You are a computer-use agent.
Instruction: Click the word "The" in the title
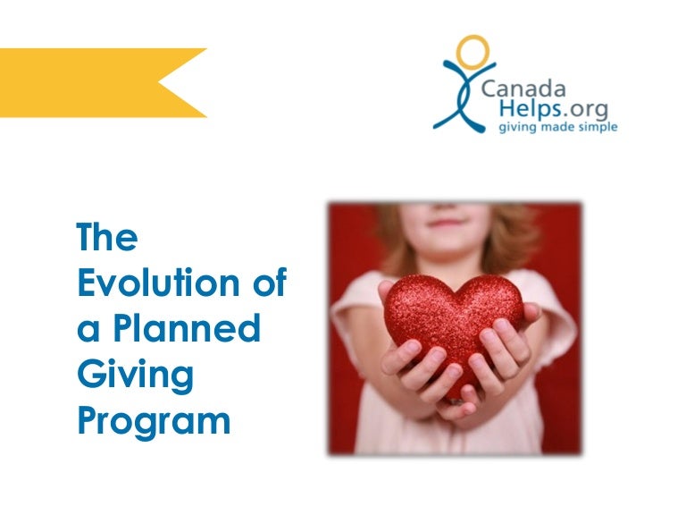point(107,239)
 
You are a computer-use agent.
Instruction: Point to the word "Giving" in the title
point(135,376)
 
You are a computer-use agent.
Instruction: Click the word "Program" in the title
point(154,421)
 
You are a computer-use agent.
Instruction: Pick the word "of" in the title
point(265,283)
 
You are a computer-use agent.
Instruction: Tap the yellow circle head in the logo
point(472,52)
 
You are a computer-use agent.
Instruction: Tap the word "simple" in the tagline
point(598,127)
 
